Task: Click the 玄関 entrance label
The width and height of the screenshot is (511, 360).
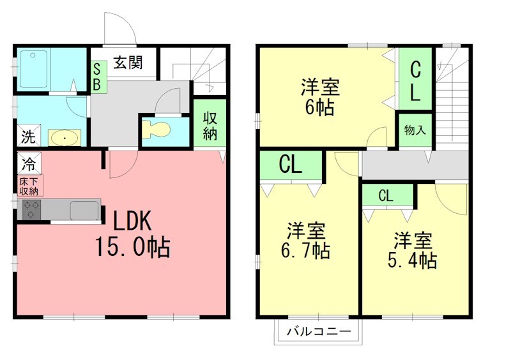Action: click(x=128, y=62)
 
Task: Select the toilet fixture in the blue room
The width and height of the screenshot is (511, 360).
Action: click(x=156, y=130)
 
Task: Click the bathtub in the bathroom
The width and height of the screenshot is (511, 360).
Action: click(x=33, y=69)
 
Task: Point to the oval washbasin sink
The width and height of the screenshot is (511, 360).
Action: click(x=65, y=138)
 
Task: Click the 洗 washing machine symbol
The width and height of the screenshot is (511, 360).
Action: click(x=29, y=135)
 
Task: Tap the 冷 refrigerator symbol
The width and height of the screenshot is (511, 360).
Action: click(x=29, y=163)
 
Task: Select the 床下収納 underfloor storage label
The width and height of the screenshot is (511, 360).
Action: click(x=29, y=186)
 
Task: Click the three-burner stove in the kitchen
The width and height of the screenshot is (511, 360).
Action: click(x=31, y=209)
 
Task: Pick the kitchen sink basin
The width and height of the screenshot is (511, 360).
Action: click(x=84, y=210)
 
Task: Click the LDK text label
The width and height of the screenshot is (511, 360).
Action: click(x=132, y=221)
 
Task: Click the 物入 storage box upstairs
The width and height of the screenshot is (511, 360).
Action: click(x=415, y=130)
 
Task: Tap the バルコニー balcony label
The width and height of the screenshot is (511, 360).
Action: click(x=319, y=332)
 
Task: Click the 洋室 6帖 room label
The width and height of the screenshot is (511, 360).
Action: click(x=320, y=97)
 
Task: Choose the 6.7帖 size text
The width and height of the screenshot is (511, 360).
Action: click(x=305, y=251)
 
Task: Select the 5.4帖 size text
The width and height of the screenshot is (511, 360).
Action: click(x=412, y=260)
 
